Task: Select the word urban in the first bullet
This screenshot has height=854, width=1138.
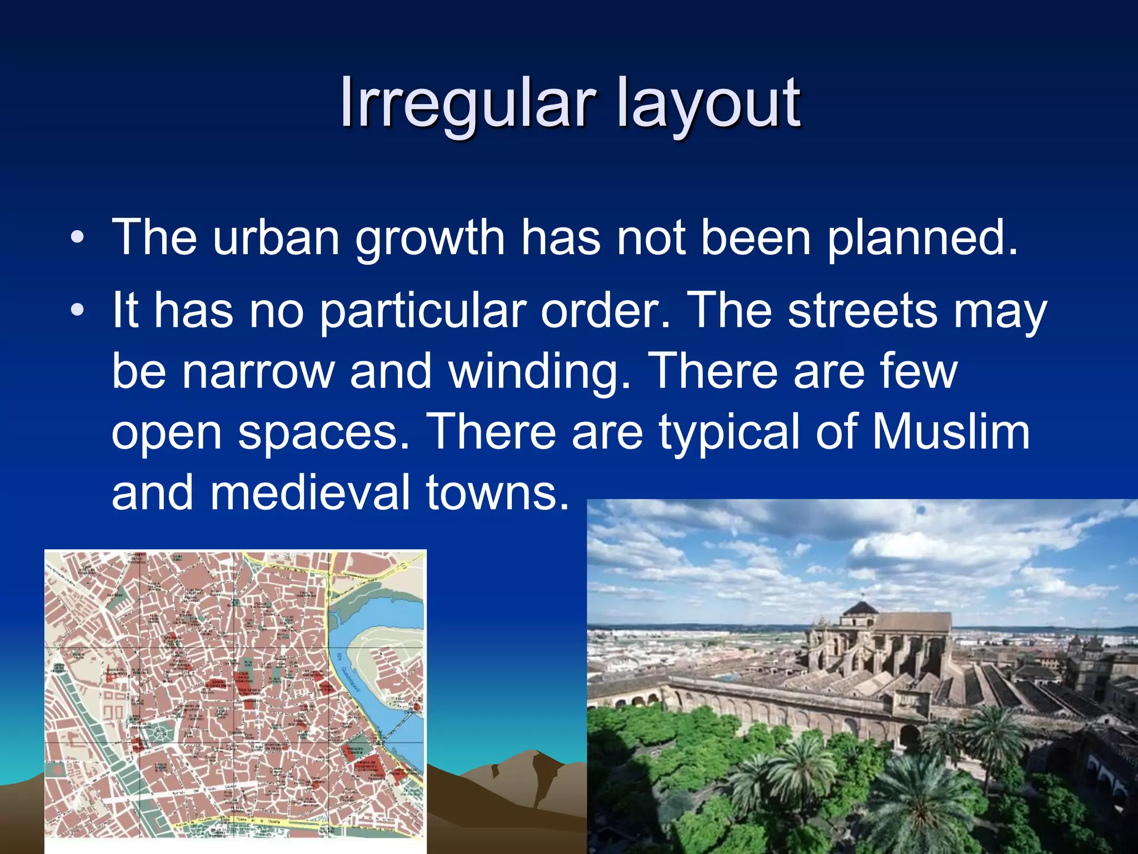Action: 276,237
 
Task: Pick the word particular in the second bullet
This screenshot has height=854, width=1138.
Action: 422,311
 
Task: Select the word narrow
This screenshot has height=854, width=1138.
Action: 258,371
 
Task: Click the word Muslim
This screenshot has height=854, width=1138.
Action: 951,432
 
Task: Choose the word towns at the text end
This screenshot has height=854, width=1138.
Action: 497,493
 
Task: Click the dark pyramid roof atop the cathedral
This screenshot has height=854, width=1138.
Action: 861,607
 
